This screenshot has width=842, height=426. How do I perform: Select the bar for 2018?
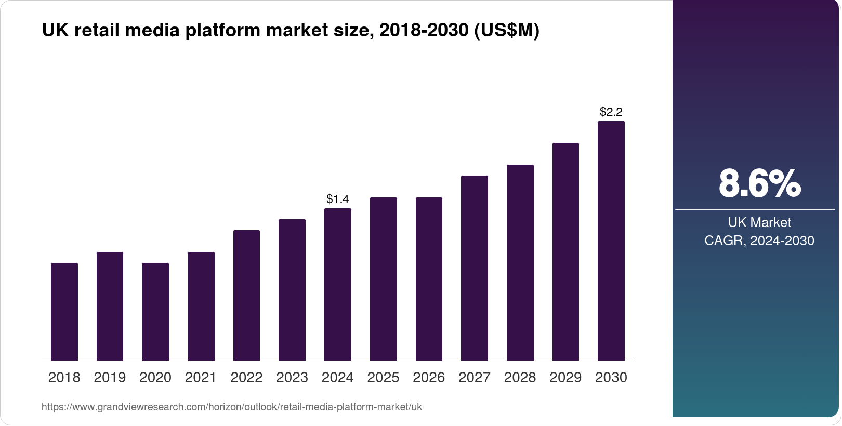coord(64,312)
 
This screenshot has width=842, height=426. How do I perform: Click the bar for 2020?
coord(155,312)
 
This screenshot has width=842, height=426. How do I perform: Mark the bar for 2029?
coord(565,251)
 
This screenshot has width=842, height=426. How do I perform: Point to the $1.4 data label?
coord(338,199)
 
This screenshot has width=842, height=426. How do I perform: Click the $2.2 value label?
coord(611,112)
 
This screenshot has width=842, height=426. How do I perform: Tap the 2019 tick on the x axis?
coord(110,378)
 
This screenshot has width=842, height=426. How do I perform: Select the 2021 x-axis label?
coord(201,378)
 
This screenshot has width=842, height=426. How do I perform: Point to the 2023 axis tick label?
coord(292,378)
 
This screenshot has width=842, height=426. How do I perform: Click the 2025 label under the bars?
coord(383,378)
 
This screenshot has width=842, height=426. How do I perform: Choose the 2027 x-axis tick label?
coord(475,378)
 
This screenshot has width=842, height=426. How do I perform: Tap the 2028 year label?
coord(520,378)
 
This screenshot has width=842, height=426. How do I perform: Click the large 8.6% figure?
coord(759,183)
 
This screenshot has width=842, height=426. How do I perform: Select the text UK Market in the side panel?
coord(759,222)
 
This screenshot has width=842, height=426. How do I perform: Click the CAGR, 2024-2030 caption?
coord(759,241)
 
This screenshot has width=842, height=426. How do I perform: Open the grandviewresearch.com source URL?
coord(232,407)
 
